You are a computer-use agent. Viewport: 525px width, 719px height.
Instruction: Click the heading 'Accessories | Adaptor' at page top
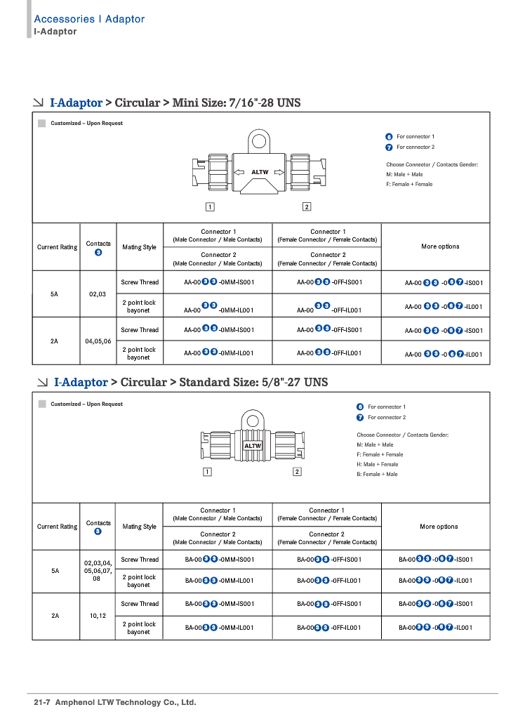pyautogui.click(x=89, y=19)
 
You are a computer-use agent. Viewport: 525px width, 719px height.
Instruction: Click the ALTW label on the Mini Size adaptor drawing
pyautogui.click(x=260, y=172)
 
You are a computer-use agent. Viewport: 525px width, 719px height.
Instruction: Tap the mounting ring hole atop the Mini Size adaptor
pyautogui.click(x=260, y=141)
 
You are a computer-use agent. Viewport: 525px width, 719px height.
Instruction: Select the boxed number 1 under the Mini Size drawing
pyautogui.click(x=210, y=206)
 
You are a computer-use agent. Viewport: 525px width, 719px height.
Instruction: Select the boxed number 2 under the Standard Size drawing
pyautogui.click(x=297, y=471)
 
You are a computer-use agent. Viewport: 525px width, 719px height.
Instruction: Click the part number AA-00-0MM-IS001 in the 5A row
pyautogui.click(x=219, y=282)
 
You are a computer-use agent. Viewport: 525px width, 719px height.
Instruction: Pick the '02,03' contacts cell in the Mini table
pyautogui.click(x=98, y=294)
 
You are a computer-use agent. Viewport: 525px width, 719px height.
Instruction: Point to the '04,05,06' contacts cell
pyautogui.click(x=98, y=341)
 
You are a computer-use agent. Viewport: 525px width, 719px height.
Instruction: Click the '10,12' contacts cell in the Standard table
pyautogui.click(x=98, y=616)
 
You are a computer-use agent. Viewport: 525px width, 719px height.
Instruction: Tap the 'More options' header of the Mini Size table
pyautogui.click(x=440, y=246)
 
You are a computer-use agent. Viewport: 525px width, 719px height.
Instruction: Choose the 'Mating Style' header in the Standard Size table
pyautogui.click(x=139, y=527)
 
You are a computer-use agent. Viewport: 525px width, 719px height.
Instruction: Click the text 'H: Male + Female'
pyautogui.click(x=377, y=464)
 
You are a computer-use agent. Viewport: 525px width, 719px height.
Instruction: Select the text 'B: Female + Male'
pyautogui.click(x=377, y=474)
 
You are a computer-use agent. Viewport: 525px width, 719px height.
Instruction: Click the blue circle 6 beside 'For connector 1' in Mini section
pyautogui.click(x=389, y=136)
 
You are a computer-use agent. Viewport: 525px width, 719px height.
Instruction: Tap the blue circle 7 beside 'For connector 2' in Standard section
pyautogui.click(x=360, y=417)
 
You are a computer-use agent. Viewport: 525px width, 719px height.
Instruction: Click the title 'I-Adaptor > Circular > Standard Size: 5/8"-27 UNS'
pyautogui.click(x=190, y=383)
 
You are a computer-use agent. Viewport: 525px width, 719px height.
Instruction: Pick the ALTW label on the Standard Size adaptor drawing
pyautogui.click(x=253, y=446)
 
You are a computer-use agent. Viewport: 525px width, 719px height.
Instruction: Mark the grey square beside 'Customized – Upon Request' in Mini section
pyautogui.click(x=41, y=124)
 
